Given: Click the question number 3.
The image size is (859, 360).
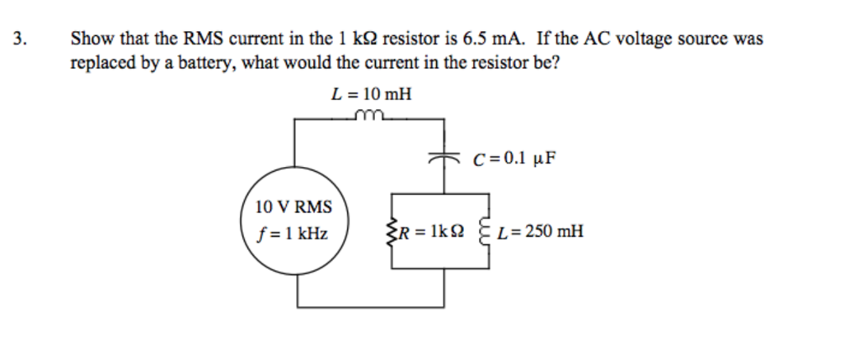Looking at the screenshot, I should pos(19,39).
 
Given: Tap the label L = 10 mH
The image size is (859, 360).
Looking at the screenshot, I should pos(372,94).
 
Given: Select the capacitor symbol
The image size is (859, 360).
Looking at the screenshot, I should pos(445,156).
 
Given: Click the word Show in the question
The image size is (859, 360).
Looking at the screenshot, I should pos(90,39).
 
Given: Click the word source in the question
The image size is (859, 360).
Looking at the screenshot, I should pos(704,39).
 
